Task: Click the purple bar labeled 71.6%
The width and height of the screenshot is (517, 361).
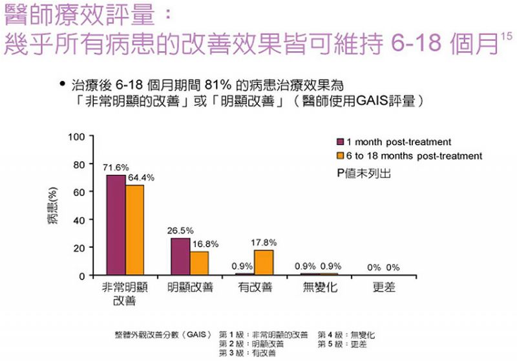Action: point(116,225)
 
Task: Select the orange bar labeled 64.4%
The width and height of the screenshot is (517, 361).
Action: point(135,230)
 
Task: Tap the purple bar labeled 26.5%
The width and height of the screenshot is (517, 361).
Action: point(180,256)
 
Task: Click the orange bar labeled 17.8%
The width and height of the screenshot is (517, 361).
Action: point(264,263)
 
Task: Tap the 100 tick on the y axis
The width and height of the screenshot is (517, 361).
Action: point(77,137)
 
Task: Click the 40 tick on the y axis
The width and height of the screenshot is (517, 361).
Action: point(79,220)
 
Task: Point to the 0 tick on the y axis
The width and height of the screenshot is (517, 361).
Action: point(82,276)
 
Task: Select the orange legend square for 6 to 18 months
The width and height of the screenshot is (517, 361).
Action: point(339,156)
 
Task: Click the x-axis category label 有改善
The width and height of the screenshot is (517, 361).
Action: point(254,288)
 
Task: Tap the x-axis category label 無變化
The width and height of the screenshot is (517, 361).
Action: point(320,288)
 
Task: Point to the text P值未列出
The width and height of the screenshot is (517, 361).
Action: point(363,173)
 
